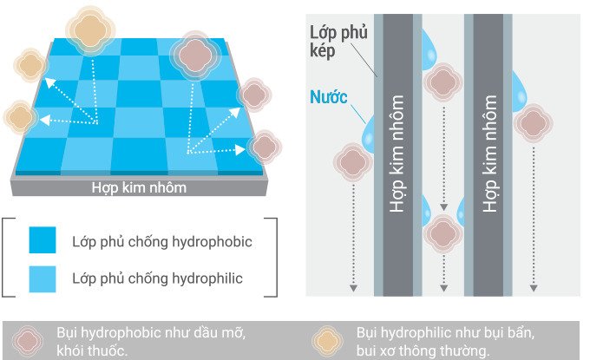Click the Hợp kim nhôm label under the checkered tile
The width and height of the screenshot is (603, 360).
coord(139,187)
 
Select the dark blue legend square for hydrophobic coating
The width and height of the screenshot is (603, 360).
coord(42,241)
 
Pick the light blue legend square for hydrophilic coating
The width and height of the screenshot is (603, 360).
coord(42,278)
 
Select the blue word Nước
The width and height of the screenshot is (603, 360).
coord(329,97)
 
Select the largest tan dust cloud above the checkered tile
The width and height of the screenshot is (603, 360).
coord(88,31)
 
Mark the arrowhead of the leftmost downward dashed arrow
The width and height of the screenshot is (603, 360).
coord(352,288)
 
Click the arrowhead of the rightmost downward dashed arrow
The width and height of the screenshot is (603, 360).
coord(531,288)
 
